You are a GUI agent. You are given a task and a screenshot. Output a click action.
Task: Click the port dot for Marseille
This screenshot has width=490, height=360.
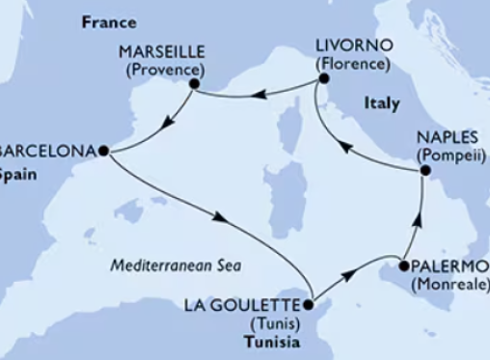(194, 84)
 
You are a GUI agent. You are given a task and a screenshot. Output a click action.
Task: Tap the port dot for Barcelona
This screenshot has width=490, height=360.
(102, 150)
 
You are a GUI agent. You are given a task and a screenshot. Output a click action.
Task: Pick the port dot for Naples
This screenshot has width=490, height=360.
(424, 171)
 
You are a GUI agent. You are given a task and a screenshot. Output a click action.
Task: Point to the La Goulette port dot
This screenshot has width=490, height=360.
(309, 305)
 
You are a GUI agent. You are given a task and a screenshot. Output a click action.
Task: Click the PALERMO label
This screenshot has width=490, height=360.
(446, 263)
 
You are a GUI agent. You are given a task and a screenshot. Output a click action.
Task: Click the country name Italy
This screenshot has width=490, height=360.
(381, 100)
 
